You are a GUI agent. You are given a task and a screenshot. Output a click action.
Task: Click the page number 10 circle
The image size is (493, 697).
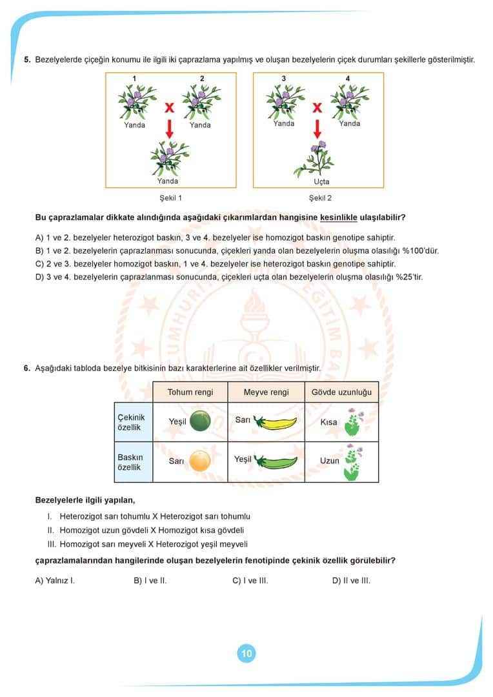(246, 653)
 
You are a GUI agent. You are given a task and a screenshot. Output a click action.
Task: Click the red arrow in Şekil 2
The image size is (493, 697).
(317, 129)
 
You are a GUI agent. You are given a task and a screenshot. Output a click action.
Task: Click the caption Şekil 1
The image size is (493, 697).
(170, 198)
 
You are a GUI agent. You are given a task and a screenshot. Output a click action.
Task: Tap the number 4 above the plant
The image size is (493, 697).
(348, 79)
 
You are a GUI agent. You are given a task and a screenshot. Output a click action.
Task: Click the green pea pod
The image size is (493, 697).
(276, 461)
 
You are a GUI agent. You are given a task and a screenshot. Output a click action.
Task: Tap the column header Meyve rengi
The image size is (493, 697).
(266, 392)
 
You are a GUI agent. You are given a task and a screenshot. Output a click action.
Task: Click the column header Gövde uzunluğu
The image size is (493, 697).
(341, 392)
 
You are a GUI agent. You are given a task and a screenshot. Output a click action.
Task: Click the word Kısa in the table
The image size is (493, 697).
(328, 422)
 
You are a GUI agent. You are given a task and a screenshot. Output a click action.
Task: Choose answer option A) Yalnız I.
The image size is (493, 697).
(55, 580)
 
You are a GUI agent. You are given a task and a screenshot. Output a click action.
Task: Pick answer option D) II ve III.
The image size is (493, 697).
(351, 580)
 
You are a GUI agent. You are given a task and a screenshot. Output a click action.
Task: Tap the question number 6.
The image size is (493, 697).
(26, 368)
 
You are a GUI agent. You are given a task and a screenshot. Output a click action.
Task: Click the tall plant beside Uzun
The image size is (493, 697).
(352, 462)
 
